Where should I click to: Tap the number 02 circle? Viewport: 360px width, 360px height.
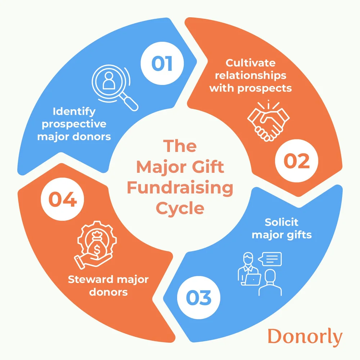coord(297,162)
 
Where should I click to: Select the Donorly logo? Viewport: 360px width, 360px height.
coord(305,337)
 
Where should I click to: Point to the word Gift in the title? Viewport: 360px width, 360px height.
coord(208,167)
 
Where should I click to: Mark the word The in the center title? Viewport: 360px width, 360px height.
coord(180,146)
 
